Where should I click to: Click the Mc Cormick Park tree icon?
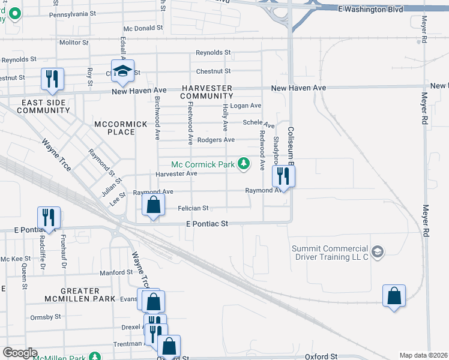[243, 164]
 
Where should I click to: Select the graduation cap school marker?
[122, 71]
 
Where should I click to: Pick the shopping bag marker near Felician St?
[154, 205]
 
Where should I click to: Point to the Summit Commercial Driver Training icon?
[377, 251]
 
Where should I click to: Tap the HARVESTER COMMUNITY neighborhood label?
[206, 92]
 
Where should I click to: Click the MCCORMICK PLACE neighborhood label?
[121, 128]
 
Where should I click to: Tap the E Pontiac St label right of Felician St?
[208, 223]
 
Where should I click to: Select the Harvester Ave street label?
[176, 173]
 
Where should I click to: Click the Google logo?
[20, 353]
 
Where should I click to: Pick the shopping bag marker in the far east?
[394, 296]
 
